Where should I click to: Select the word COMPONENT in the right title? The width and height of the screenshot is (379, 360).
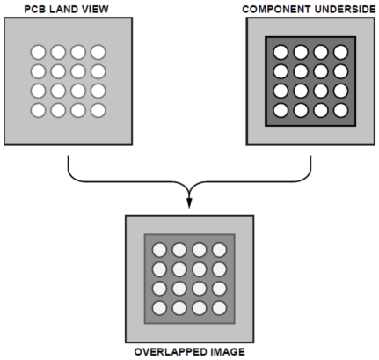coord(276,10)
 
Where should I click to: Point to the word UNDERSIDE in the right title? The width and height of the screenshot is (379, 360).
coord(345,10)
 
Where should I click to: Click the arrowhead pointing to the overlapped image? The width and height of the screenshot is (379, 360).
coord(189,203)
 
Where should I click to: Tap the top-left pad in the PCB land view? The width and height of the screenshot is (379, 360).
coord(39,52)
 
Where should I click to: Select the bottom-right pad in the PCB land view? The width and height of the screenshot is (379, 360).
coord(98,111)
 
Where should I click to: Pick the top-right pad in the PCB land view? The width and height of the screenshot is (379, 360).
coord(98,52)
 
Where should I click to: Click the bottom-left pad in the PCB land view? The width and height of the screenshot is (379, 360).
coord(39,111)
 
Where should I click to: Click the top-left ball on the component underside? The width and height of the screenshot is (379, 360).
coord(281,52)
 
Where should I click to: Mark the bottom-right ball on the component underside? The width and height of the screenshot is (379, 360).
coord(340,111)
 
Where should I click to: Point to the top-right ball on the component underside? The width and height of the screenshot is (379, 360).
coord(340,52)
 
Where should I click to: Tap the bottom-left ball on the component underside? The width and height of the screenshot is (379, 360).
coord(281,111)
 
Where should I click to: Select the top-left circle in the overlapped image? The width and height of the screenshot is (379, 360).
coord(160,250)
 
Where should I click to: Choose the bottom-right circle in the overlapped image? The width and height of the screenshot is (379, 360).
coord(219,308)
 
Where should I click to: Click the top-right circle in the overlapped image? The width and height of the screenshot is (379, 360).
coord(219,250)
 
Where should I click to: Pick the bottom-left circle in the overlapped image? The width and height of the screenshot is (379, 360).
coord(160,308)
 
